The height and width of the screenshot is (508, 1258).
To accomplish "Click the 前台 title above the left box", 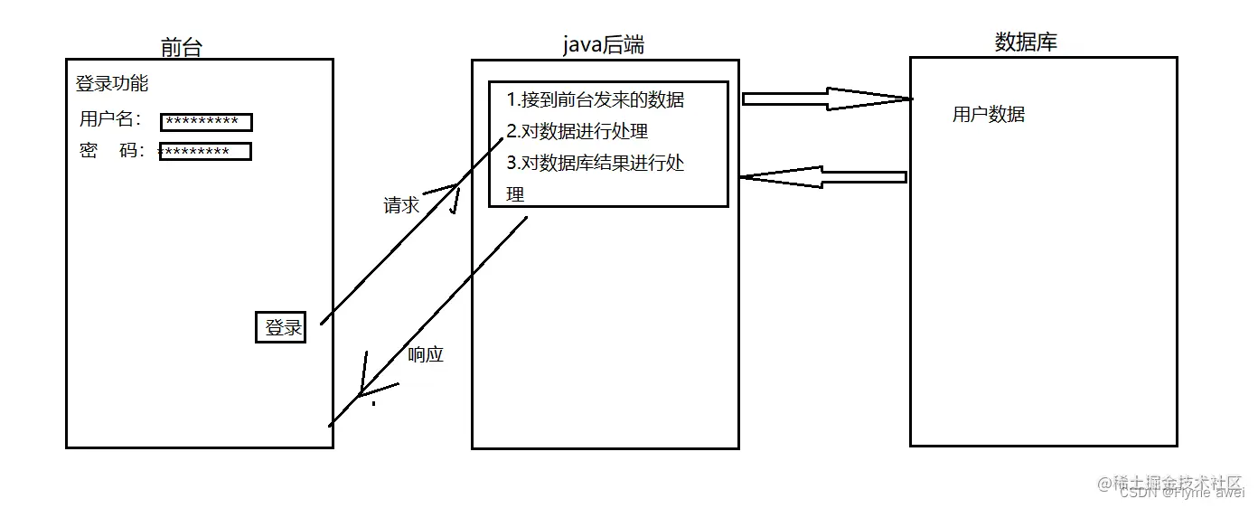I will point(181,47).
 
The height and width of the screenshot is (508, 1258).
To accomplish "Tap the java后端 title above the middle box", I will point(603,45).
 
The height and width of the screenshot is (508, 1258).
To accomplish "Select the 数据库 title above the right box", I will point(1025,42).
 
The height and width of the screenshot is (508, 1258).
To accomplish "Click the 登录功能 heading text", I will point(111,84).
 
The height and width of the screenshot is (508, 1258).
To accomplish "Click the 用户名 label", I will point(109,119).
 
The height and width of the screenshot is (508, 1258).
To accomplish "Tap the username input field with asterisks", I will point(206,122).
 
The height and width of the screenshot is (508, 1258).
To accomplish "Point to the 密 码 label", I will point(111,151).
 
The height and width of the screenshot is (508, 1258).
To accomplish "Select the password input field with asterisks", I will point(205,152).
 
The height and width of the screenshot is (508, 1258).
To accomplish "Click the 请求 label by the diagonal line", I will point(401,205).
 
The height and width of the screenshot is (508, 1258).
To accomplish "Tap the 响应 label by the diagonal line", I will point(426,354).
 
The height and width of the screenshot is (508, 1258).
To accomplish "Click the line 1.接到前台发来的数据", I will point(595,100).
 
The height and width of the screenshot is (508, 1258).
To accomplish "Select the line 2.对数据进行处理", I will point(577,131).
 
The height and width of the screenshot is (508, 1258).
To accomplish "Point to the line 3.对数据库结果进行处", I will point(595,163).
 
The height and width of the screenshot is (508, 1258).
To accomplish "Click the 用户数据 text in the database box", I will point(988,115).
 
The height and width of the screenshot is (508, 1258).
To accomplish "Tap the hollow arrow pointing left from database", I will point(822,177).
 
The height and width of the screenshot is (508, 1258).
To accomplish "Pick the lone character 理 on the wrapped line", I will point(515,194).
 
